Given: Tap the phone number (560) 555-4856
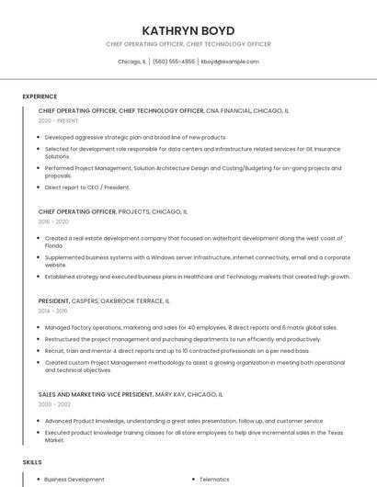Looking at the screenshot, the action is (x=174, y=62).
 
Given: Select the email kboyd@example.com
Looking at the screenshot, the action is (x=230, y=62).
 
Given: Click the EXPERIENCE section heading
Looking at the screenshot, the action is (x=40, y=96).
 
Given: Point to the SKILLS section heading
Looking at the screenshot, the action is (x=32, y=461).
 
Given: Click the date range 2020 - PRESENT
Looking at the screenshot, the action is (x=58, y=120).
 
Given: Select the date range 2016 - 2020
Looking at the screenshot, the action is (x=53, y=221).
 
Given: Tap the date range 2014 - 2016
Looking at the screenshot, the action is (x=53, y=311).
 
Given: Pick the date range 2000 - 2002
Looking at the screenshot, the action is (x=53, y=404).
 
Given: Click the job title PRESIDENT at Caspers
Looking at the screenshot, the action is (x=56, y=300).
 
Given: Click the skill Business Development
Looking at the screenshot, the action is (x=74, y=479).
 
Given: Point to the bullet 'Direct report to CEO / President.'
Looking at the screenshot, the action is (x=87, y=187).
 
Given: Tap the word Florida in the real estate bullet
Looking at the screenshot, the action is (x=54, y=246).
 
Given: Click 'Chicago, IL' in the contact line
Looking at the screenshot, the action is (x=131, y=62).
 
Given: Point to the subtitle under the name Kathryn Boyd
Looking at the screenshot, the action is (x=188, y=43).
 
